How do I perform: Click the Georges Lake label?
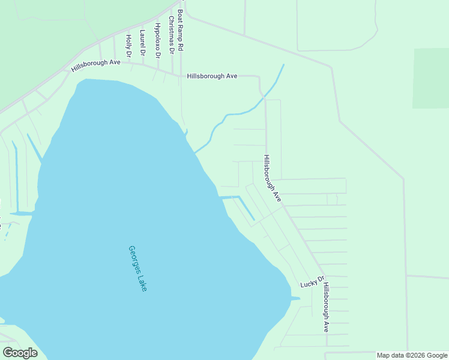[137, 268]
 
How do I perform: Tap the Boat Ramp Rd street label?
[179, 29]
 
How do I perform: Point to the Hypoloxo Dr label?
[157, 40]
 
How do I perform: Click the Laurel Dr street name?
[142, 43]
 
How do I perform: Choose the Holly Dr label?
[128, 46]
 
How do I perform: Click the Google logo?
[20, 353]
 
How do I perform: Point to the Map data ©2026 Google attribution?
[412, 355]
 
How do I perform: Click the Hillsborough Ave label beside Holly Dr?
[96, 65]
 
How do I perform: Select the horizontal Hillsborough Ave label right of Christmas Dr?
[212, 76]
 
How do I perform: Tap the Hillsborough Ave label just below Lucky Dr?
[325, 308]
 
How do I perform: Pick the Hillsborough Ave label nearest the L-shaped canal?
[272, 178]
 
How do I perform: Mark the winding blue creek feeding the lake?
[240, 113]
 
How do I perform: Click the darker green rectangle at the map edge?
[430, 78]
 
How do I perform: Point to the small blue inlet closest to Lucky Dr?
[294, 298]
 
